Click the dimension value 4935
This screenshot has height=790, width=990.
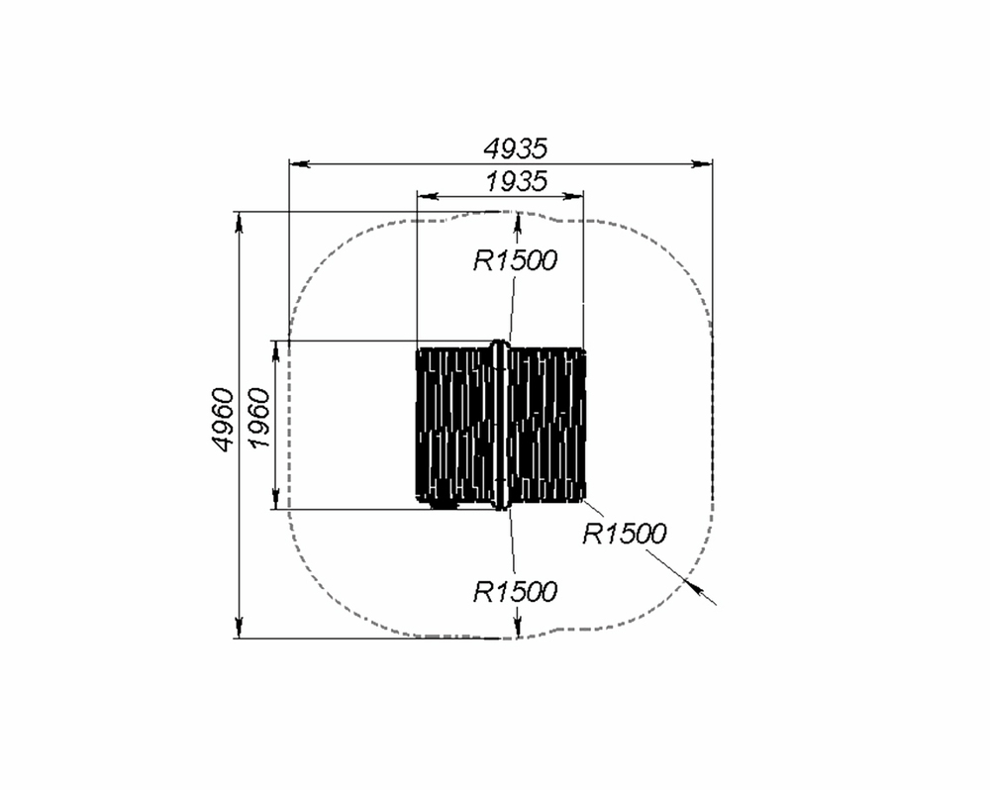point(515,149)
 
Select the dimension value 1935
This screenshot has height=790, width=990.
point(515,182)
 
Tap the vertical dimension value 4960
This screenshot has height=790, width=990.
point(222,420)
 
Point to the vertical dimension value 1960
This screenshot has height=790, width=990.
point(259,418)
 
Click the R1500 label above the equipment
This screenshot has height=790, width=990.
point(515,260)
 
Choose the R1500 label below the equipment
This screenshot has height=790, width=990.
point(515,592)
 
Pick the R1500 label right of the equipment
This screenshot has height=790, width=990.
point(624,534)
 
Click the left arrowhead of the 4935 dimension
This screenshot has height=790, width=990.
point(299,164)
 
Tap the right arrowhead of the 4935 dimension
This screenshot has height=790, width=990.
point(702,164)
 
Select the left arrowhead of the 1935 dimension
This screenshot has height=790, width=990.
point(428,196)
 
